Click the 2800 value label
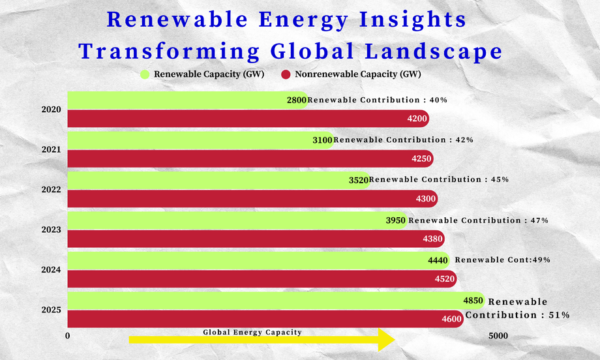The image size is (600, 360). tap(297, 100)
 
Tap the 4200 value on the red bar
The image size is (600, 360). tap(417, 119)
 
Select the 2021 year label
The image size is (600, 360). tap(52, 149)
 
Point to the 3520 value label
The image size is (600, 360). tap(358, 179)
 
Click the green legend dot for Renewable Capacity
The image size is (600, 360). tap(145, 74)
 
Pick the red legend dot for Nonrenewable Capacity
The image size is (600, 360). tap(286, 74)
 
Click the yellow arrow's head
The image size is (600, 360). tap(386, 339)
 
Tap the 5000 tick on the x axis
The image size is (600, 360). tap(498, 335)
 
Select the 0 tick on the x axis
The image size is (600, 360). tap(68, 335)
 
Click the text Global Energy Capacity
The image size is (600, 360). tap(252, 332)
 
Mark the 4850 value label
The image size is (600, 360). tap(473, 301)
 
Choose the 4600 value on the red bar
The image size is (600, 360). tap(451, 320)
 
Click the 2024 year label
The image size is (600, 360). tap(52, 269)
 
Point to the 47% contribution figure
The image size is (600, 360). tap(540, 220)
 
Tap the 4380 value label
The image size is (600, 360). tap(432, 239)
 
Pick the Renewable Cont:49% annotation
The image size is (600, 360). tap(502, 260)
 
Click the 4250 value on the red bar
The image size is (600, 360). tap(421, 158)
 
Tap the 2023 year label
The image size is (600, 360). tap(52, 230)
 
